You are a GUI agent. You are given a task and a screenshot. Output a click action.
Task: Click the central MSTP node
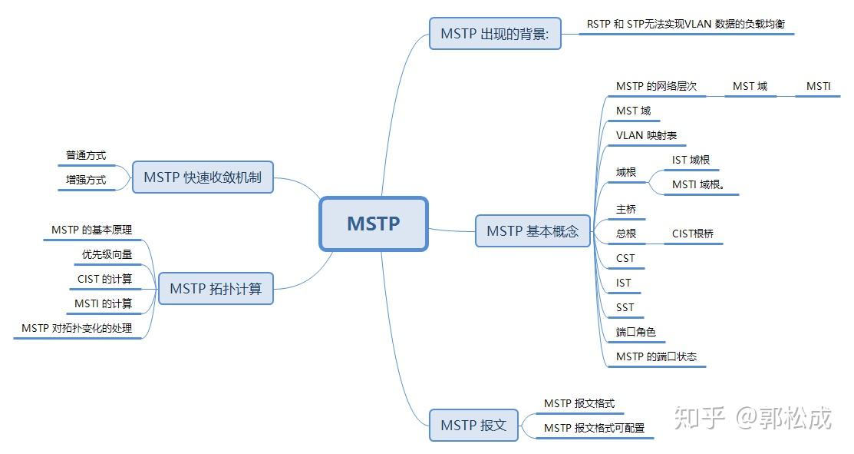(373, 224)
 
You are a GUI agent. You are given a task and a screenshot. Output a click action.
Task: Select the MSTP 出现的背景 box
(495, 34)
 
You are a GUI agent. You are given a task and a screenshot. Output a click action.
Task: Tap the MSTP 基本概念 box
(533, 230)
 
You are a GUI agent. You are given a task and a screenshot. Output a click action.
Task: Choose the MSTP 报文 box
(473, 425)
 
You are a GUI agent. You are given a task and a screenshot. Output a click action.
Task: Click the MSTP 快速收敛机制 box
(203, 177)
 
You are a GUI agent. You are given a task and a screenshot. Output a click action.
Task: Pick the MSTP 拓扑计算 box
(216, 289)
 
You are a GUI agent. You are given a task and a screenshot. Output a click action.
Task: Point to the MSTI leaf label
(818, 86)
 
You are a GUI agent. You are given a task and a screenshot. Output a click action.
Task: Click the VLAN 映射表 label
(646, 135)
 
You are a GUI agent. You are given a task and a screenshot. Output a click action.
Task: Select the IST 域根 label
(691, 160)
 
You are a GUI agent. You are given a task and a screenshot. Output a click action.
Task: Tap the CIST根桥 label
(692, 234)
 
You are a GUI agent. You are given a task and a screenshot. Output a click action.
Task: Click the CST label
(625, 258)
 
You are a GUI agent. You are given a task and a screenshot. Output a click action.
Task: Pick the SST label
(625, 307)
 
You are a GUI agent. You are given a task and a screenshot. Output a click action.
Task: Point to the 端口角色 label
(635, 332)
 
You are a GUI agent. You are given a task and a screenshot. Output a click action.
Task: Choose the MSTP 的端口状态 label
(656, 356)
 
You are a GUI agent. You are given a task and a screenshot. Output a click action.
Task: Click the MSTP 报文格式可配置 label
(594, 428)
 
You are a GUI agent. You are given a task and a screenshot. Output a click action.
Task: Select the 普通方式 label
(86, 155)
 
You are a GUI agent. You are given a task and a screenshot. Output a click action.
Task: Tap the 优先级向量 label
(107, 254)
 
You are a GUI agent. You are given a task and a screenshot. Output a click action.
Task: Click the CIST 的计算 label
(104, 279)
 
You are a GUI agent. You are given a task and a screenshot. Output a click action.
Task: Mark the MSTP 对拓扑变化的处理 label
(77, 328)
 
